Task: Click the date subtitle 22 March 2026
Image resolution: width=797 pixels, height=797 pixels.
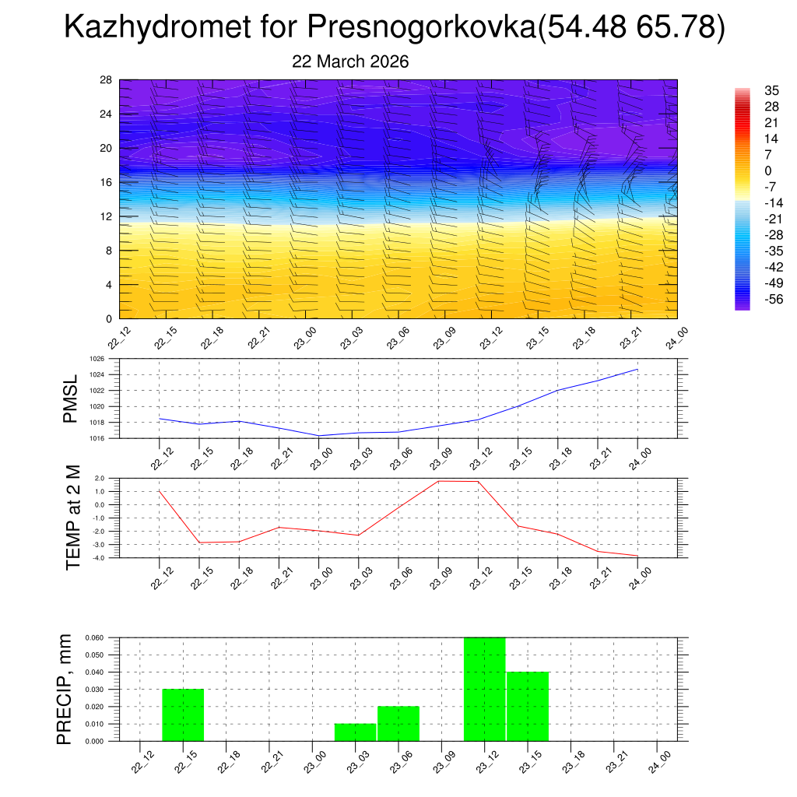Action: (350, 61)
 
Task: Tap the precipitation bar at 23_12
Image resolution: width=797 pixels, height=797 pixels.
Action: (485, 689)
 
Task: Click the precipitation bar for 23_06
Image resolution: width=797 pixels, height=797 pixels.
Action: (398, 723)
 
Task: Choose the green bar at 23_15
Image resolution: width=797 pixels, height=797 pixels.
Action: (528, 706)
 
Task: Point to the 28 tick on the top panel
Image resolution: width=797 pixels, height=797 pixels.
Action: (107, 80)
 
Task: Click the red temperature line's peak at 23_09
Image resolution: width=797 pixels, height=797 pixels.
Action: (438, 481)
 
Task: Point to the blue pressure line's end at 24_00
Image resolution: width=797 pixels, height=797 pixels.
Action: (637, 369)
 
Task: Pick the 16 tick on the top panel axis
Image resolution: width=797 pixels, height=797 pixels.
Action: (107, 182)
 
